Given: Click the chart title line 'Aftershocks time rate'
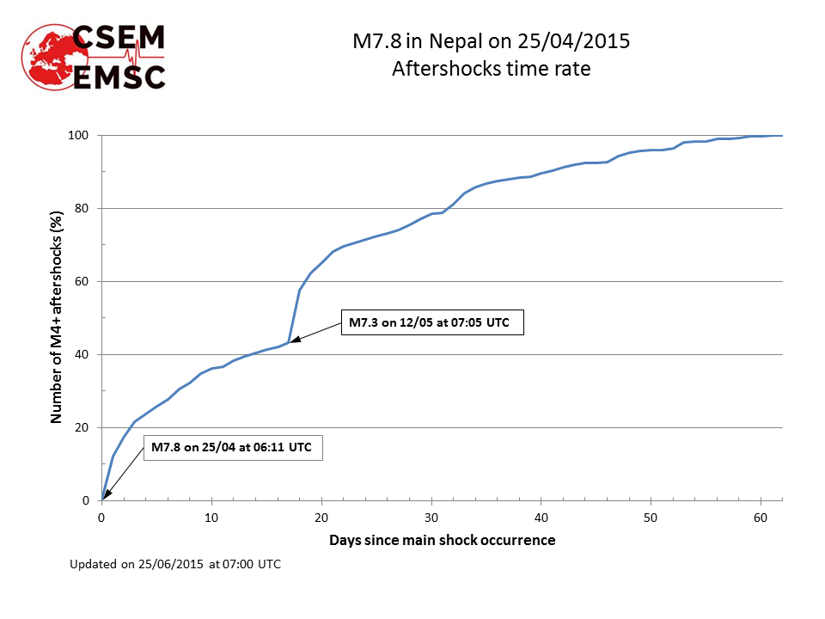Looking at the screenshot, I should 491,69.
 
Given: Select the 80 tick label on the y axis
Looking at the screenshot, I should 85,209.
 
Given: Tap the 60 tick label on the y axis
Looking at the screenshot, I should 85,282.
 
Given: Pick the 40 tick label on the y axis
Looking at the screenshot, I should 85,355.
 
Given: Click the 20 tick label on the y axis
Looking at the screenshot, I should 85,428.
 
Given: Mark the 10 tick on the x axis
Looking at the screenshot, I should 211,518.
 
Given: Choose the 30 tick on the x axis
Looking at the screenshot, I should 431,518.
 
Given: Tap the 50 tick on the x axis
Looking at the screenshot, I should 651,518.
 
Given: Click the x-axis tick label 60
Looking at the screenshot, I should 761,518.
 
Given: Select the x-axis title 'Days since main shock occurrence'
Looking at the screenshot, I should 442,541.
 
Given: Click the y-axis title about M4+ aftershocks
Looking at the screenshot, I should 58,317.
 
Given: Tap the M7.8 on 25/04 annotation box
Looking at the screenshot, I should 231,447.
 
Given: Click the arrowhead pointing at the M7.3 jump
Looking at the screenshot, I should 294,340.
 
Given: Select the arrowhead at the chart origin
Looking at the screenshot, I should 106,495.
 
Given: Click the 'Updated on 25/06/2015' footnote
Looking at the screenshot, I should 174,565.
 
